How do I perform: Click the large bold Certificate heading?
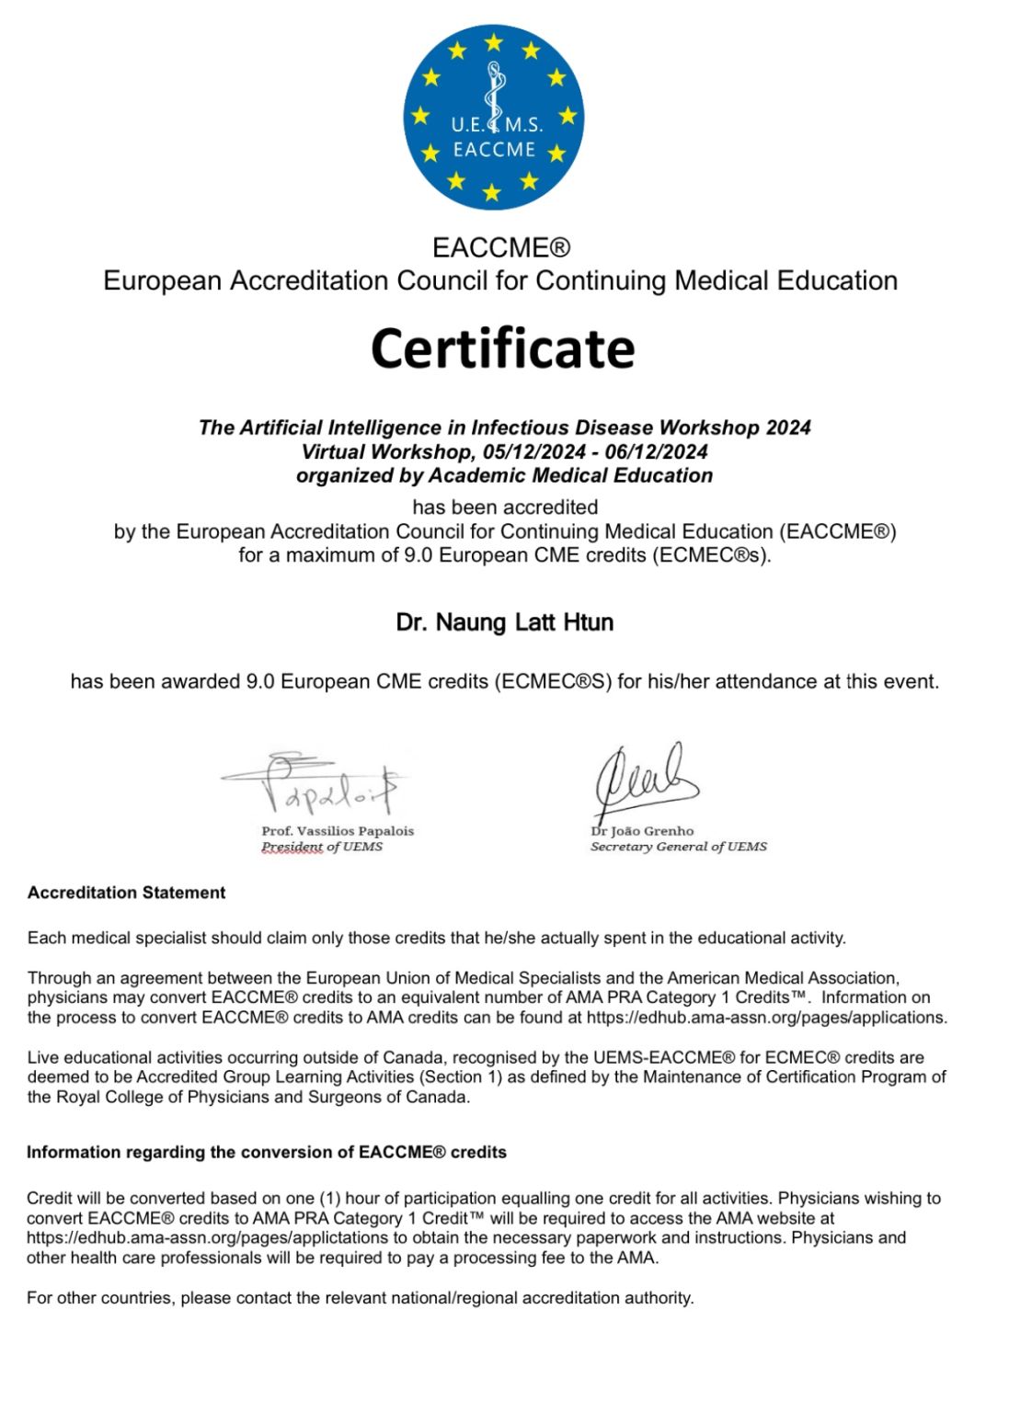coord(503,348)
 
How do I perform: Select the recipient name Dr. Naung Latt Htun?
coord(504,622)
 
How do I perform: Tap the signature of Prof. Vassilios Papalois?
coord(313,784)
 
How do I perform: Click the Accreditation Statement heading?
coord(127,893)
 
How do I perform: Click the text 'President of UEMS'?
coord(322,847)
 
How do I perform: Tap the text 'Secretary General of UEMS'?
coord(678,847)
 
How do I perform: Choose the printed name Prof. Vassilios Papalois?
coord(338,831)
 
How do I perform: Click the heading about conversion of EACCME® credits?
coord(267,1152)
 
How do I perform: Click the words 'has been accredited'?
coord(505,507)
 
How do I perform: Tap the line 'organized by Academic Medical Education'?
coord(504,475)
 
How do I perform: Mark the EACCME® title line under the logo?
coord(501,247)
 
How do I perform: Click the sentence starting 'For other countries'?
coord(360,1298)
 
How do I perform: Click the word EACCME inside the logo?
coord(494,150)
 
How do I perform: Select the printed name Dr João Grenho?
coord(642,831)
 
